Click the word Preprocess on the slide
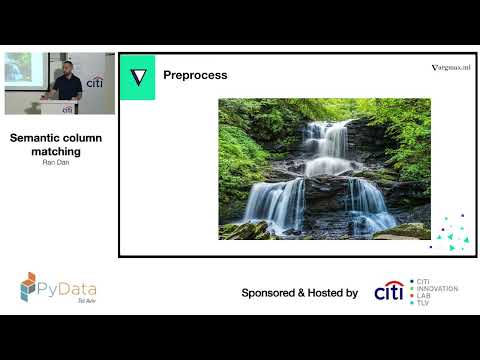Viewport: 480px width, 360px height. (x=195, y=75)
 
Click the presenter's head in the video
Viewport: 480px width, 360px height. (x=62, y=67)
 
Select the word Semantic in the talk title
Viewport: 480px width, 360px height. (x=39, y=138)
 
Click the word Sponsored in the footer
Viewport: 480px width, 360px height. (x=274, y=293)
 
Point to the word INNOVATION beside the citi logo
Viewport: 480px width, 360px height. (x=438, y=288)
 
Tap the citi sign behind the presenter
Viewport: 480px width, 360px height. (x=95, y=83)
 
